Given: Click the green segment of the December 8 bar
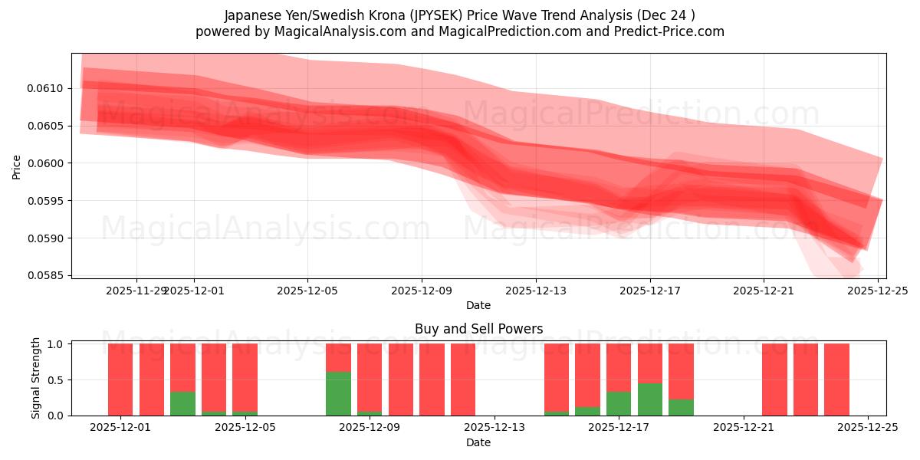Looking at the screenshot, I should click(338, 393).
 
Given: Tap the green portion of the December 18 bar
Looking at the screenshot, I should click(650, 399).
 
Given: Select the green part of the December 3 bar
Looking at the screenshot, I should click(182, 403).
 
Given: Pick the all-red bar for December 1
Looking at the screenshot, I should click(120, 379).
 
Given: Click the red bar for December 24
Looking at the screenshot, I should click(836, 379).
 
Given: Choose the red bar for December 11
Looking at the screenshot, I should click(432, 379).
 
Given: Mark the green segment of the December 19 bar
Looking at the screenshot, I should click(681, 407).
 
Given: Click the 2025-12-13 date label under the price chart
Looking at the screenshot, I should click(535, 291).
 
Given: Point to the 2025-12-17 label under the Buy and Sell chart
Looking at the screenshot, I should click(619, 427).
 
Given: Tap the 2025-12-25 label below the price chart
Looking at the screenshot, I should click(877, 291).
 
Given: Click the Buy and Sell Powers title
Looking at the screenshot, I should click(478, 329).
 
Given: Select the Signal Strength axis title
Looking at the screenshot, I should click(35, 379).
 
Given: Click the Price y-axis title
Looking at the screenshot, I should click(16, 166).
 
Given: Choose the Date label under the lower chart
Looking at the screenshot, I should click(478, 442).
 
